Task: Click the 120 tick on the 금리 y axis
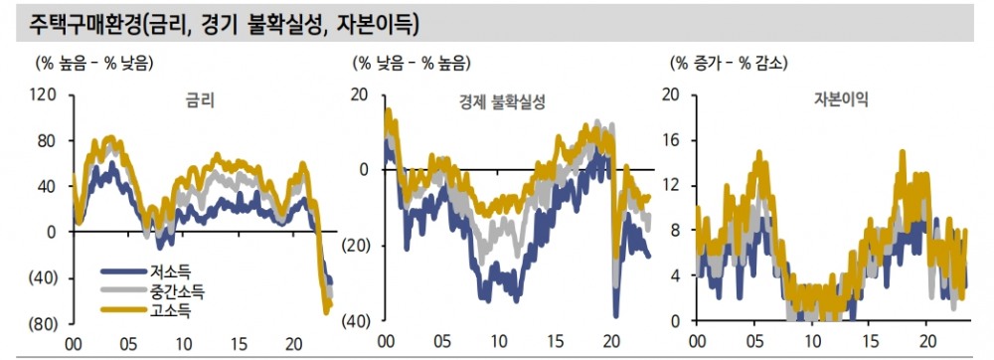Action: coord(43,95)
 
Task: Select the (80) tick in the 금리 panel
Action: coord(41,324)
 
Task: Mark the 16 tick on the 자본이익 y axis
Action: coord(671,140)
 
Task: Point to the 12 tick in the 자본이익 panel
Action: coord(671,186)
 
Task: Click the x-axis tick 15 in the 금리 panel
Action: coord(240,342)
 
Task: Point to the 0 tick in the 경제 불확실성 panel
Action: coord(364,170)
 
